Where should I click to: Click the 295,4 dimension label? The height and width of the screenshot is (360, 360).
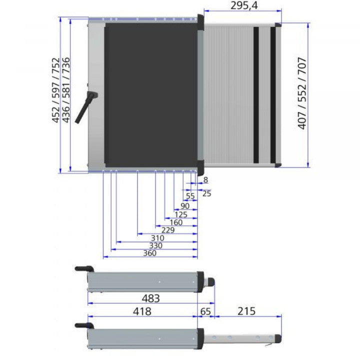pyautogui.click(x=244, y=5)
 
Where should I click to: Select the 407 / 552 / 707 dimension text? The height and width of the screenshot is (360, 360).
pyautogui.click(x=302, y=93)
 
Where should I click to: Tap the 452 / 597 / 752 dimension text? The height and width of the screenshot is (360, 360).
pyautogui.click(x=55, y=90)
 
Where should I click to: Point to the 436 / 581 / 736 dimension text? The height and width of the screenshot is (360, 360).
pyautogui.click(x=65, y=90)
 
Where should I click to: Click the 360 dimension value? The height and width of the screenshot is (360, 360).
pyautogui.click(x=149, y=253)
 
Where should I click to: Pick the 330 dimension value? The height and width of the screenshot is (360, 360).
pyautogui.click(x=156, y=245)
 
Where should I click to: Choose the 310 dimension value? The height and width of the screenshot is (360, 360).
pyautogui.click(x=157, y=238)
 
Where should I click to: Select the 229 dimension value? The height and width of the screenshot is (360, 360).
pyautogui.click(x=168, y=230)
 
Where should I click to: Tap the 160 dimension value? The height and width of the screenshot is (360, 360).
pyautogui.click(x=176, y=222)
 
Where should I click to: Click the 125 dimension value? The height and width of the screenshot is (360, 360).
pyautogui.click(x=181, y=214)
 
